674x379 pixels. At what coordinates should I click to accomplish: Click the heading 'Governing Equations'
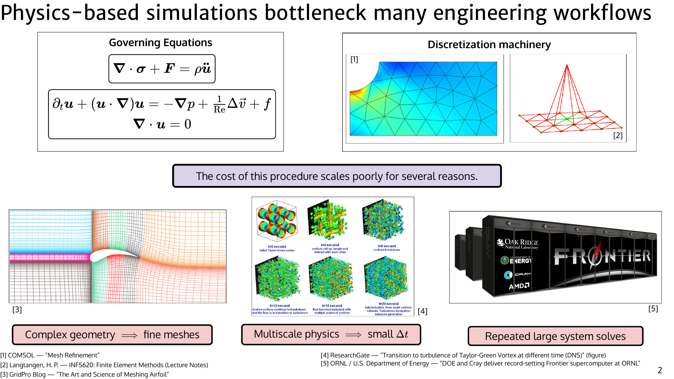click(x=160, y=43)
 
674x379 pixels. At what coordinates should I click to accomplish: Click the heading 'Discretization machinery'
click(x=489, y=44)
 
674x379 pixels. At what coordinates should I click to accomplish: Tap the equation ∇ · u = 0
click(x=162, y=124)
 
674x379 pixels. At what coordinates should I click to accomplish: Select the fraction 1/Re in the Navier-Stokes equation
click(x=219, y=104)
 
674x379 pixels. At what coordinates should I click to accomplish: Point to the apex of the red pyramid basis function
click(x=567, y=65)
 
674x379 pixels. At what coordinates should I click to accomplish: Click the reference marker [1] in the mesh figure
click(x=354, y=60)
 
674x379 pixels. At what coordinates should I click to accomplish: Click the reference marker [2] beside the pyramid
click(x=618, y=135)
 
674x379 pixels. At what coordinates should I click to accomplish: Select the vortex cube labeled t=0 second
click(x=277, y=221)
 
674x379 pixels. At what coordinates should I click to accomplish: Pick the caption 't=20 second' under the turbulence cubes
click(x=388, y=304)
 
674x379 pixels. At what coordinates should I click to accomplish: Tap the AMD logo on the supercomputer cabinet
click(x=519, y=286)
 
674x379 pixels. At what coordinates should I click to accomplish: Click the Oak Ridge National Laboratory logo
click(x=518, y=244)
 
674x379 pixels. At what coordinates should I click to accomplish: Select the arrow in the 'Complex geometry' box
click(x=129, y=335)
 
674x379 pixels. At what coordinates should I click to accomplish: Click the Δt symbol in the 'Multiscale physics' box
click(x=402, y=334)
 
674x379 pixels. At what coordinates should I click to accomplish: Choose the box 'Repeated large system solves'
click(x=555, y=336)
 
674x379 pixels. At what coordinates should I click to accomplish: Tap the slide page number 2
click(x=660, y=370)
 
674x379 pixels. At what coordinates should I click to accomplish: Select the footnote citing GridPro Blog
click(x=85, y=374)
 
